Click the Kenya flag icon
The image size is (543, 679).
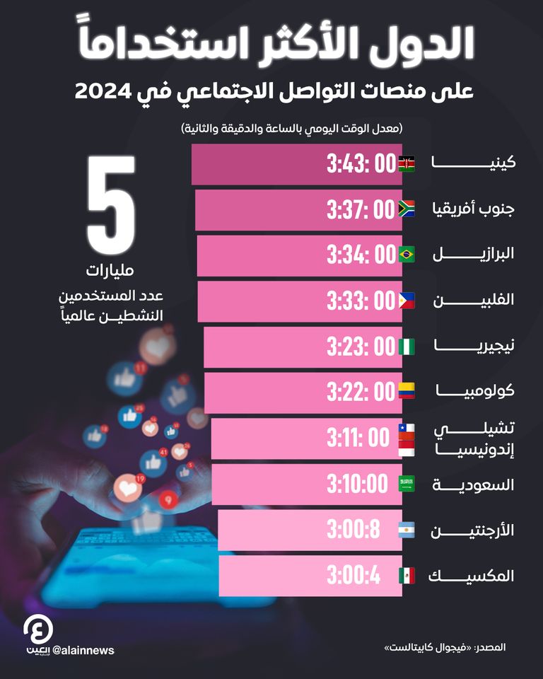pyautogui.click(x=407, y=164)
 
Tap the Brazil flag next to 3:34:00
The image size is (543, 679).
pyautogui.click(x=407, y=255)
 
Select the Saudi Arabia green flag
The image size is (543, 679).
pyautogui.click(x=407, y=484)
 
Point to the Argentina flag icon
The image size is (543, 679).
pyautogui.click(x=407, y=530)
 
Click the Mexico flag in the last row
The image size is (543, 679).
pyautogui.click(x=407, y=576)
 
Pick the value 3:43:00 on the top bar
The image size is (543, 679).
pyautogui.click(x=360, y=164)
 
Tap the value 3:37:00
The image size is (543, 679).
pyautogui.click(x=360, y=209)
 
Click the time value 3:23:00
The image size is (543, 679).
pyautogui.click(x=360, y=347)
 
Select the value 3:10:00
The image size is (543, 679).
pyautogui.click(x=357, y=484)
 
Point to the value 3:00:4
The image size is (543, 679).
pyautogui.click(x=354, y=576)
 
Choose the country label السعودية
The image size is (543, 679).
pyautogui.click(x=474, y=484)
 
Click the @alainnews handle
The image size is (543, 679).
pyautogui.click(x=83, y=650)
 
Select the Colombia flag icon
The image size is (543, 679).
pyautogui.click(x=407, y=391)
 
